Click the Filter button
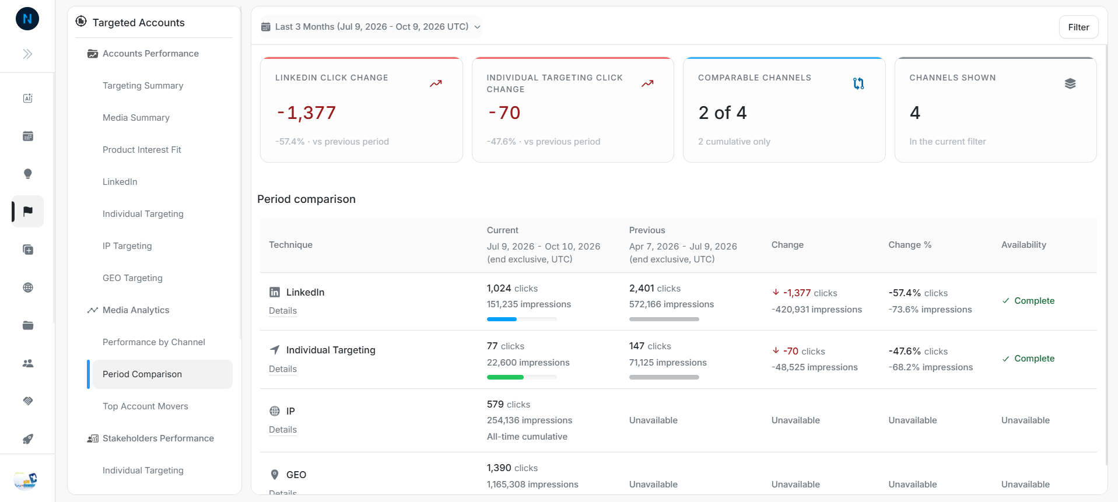click(x=1078, y=27)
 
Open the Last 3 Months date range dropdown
click(x=371, y=27)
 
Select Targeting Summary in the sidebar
click(x=143, y=86)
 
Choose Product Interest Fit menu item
click(x=142, y=150)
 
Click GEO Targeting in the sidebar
click(x=132, y=278)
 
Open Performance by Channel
click(x=154, y=342)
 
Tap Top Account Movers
click(x=145, y=406)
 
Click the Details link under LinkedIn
click(x=283, y=311)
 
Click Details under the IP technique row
click(x=283, y=430)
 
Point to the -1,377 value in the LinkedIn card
click(x=306, y=113)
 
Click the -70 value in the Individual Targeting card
click(x=504, y=113)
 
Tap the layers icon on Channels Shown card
click(x=1070, y=83)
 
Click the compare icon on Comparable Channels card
click(x=858, y=83)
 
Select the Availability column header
click(x=1024, y=245)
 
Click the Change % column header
click(x=910, y=245)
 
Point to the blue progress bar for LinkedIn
click(x=502, y=320)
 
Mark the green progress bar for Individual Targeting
click(x=505, y=377)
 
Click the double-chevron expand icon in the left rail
click(x=27, y=54)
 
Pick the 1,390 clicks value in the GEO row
click(x=512, y=468)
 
